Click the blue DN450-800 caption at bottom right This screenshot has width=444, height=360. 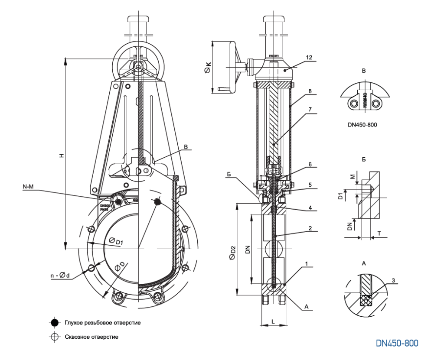pyautogui.click(x=398, y=343)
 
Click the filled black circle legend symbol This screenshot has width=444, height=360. pyautogui.click(x=54, y=323)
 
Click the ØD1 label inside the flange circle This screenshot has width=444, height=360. pyautogui.click(x=116, y=241)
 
